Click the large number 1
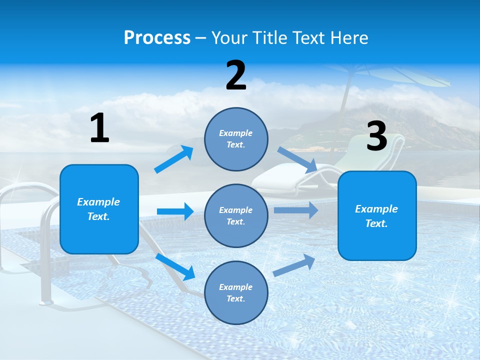coord(99,128)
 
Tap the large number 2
coord(236,75)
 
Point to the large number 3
coord(376,136)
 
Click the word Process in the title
coord(157,37)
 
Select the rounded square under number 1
coord(99,209)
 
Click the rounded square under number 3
coord(377,215)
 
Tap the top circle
coord(236,139)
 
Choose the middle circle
coord(236,215)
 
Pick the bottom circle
coord(236,292)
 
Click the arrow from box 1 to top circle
coord(173,159)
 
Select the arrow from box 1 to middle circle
coord(175,211)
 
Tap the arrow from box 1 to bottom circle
coord(175,266)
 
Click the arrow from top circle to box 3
coord(297,159)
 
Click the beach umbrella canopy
coord(395,75)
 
